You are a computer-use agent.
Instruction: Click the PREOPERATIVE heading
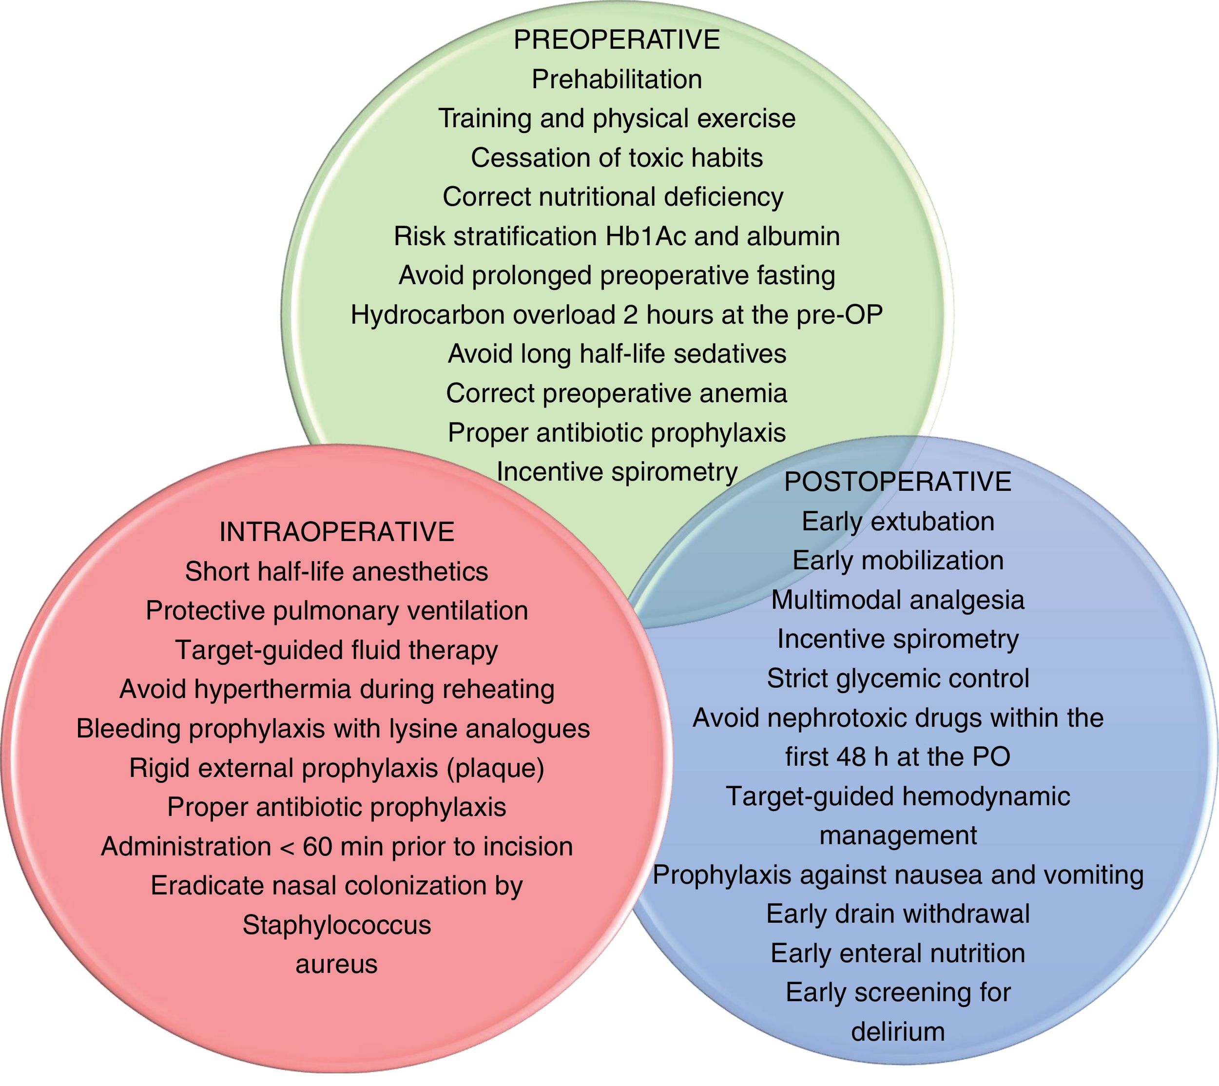[x=617, y=40]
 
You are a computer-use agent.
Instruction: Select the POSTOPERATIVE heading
[x=897, y=482]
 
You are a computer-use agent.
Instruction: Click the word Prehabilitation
[x=617, y=79]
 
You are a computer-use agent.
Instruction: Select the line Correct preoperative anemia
[x=617, y=394]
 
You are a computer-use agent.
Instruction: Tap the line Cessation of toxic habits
[x=617, y=158]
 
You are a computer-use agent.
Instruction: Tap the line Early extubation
[x=897, y=522]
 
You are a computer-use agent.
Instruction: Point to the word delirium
[x=897, y=1032]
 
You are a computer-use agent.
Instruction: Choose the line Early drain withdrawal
[x=897, y=914]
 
